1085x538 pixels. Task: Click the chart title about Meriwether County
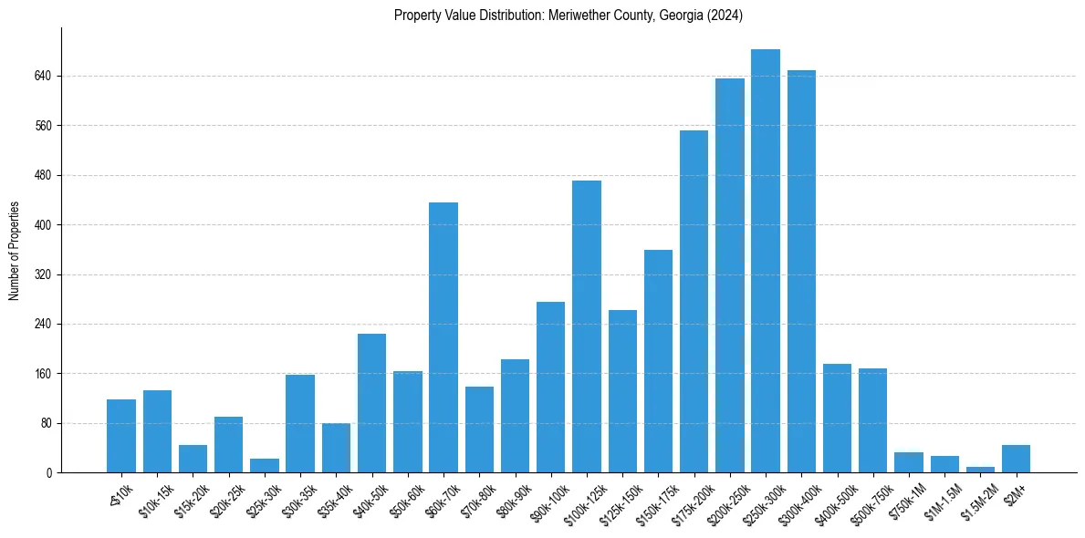tap(569, 16)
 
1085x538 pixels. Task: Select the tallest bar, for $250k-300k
tap(766, 261)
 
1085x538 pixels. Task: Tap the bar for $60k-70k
tap(443, 337)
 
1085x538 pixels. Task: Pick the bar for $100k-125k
tap(587, 326)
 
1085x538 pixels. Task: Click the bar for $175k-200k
tap(694, 301)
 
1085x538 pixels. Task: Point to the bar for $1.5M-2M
tap(980, 470)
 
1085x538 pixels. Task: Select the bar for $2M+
tap(1016, 459)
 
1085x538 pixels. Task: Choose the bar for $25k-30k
tap(265, 466)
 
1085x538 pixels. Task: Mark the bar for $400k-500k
tap(837, 418)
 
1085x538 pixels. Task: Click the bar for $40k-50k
tap(371, 403)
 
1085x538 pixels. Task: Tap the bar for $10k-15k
tap(157, 431)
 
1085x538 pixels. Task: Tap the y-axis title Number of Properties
tap(15, 251)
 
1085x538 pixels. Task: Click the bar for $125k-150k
tap(622, 391)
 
